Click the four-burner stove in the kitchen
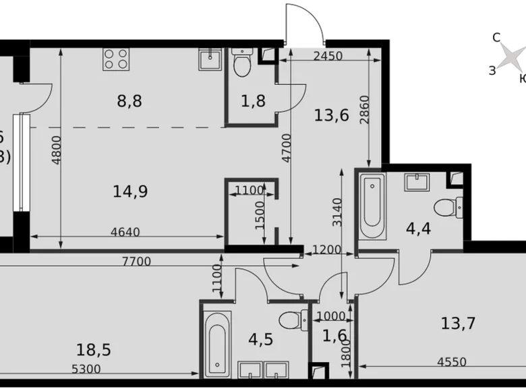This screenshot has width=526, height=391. coord(115,59)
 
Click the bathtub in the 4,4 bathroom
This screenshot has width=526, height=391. coord(372,206)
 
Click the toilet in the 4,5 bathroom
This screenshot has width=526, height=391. coord(292,319)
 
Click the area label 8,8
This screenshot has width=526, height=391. coord(129,102)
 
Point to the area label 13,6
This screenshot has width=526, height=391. coord(331,115)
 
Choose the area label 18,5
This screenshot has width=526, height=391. coord(93,350)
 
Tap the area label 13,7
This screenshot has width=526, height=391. coord(459,324)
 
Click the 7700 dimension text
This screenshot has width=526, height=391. coord(136,262)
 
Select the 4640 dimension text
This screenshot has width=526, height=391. coord(125,233)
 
